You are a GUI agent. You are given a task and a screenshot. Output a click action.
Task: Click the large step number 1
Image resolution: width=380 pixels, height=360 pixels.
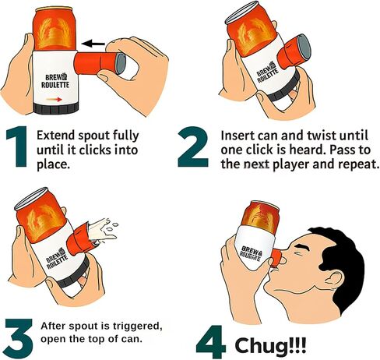pyautogui.click(x=18, y=146)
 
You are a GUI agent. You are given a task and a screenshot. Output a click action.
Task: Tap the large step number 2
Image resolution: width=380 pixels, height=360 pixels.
pyautogui.click(x=193, y=146)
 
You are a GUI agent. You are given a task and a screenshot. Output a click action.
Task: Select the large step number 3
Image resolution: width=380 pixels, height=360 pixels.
pyautogui.click(x=19, y=337)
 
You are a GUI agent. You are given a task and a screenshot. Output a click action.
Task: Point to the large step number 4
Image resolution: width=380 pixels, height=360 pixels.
pyautogui.click(x=211, y=342)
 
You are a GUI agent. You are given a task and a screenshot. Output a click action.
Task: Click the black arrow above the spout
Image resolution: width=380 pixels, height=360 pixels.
pyautogui.click(x=93, y=44)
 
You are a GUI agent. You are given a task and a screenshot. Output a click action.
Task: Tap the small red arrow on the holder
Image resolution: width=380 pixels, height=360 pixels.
pyautogui.click(x=54, y=99)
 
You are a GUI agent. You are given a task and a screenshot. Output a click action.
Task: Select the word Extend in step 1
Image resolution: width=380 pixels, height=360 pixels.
pyautogui.click(x=55, y=136)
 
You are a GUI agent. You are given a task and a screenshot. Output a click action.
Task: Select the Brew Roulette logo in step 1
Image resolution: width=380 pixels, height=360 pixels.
pyautogui.click(x=55, y=81)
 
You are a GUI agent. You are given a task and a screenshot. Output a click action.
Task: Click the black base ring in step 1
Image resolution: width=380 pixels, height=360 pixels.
pyautogui.click(x=56, y=108)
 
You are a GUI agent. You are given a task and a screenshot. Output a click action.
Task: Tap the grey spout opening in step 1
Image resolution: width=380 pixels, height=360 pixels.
pyautogui.click(x=121, y=64)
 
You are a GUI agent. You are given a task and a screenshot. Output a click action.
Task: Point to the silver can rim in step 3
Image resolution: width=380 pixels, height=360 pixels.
pyautogui.click(x=31, y=198)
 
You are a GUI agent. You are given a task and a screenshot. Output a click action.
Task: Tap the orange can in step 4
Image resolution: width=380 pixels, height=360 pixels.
pyautogui.click(x=260, y=217)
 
